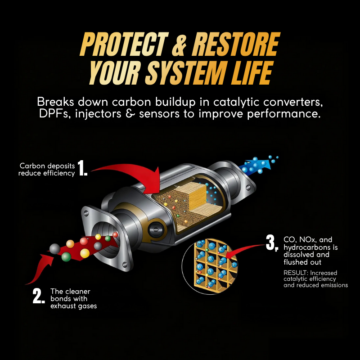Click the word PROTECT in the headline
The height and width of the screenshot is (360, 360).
124,44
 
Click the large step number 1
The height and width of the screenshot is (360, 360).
82,168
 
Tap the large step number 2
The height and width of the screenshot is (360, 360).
39,296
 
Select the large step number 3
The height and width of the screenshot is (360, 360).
272,243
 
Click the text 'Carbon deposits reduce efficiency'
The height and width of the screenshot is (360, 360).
47,170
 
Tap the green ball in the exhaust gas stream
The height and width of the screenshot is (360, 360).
66,256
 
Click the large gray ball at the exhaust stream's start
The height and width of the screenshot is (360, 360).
54,249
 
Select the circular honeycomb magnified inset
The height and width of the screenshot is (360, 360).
210,266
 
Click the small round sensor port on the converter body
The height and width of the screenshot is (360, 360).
157,229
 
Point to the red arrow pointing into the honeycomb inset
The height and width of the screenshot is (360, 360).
246,250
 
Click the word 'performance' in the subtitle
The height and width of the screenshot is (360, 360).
284,114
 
